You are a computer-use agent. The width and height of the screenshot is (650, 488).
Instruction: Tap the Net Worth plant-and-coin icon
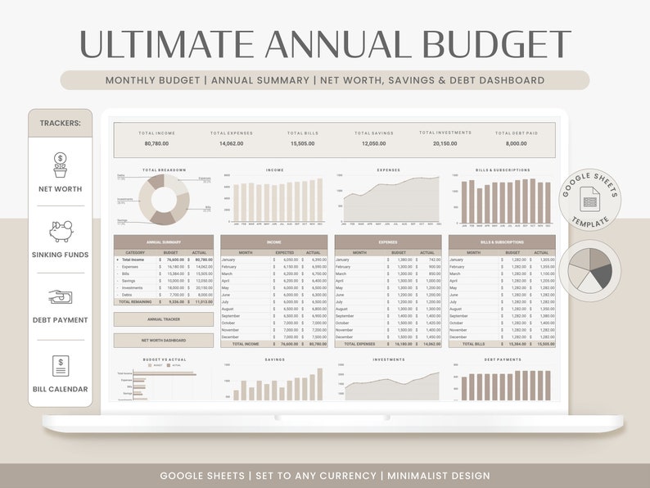(60, 165)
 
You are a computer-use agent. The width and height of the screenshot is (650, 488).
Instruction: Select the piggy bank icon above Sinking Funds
(60, 230)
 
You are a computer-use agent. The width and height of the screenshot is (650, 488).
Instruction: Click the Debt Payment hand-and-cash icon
(60, 297)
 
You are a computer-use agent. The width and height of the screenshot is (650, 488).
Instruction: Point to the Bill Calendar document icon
(60, 365)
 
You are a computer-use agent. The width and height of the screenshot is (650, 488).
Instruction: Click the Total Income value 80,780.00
(156, 143)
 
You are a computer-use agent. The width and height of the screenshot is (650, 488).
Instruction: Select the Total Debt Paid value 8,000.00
(517, 143)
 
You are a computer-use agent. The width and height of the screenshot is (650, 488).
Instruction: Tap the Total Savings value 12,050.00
(374, 143)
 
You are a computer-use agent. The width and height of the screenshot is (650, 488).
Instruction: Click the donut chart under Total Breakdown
(163, 197)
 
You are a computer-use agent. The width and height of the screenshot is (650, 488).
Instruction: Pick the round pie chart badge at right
(589, 270)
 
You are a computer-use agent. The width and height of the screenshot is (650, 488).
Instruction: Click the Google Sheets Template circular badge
(590, 200)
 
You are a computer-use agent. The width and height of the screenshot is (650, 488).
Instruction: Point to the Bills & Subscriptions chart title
(502, 170)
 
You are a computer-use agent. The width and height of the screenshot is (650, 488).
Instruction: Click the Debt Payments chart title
(502, 359)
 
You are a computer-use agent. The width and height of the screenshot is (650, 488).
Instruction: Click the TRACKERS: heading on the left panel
(60, 123)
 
